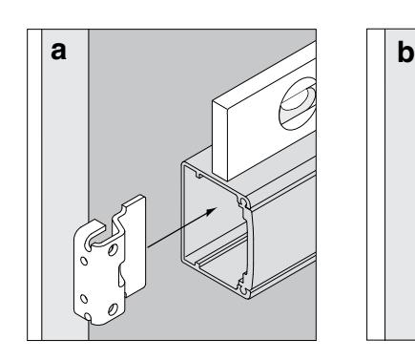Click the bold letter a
(58, 52)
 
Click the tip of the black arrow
(217, 208)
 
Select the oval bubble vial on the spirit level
(298, 104)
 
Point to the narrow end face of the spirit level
(220, 140)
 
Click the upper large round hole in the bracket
(113, 249)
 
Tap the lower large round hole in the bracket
(113, 309)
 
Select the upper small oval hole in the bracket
(84, 261)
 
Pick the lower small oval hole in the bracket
(84, 299)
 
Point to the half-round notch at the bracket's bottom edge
(88, 317)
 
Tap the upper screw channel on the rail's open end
(244, 202)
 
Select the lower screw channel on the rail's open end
(243, 290)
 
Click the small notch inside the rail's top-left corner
(198, 175)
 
